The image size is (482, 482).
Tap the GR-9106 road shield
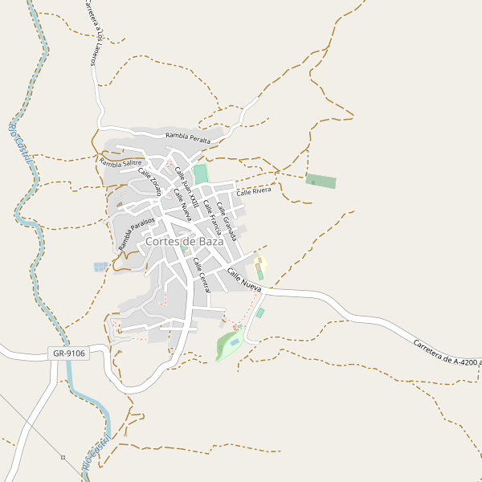pos(68,353)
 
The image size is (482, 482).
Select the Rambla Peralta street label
pos(188,138)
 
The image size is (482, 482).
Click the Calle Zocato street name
pos(149,182)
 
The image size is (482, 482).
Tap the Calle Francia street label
pos(210,212)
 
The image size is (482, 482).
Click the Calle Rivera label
pos(253,191)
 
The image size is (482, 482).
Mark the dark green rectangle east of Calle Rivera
pos(321,181)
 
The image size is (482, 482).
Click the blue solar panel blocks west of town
pos(100,266)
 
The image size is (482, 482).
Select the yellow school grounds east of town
pos(260,267)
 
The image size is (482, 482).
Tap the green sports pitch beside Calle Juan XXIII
pos(200,174)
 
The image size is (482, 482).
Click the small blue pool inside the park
pos(234,342)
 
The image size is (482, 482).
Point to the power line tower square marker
pos(63,457)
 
